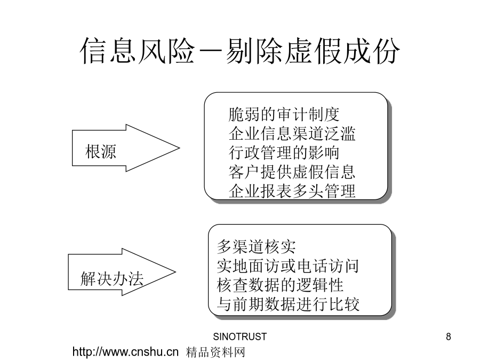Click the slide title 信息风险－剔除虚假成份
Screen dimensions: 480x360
coord(240,51)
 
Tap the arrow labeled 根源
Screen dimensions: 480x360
coord(125,148)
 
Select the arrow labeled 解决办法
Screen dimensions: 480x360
coord(122,272)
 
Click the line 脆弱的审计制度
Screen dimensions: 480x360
coord(284,115)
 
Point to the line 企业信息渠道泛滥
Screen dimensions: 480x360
coord(292,133)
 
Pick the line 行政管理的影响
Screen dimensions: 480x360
coord(284,153)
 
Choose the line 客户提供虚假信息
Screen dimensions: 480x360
coord(292,172)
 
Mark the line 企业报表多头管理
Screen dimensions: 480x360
coord(292,191)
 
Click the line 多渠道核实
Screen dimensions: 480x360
coord(256,247)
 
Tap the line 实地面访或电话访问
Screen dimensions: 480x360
coord(288,266)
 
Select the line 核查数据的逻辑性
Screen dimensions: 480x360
coord(280,285)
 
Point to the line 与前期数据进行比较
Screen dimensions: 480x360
coord(288,304)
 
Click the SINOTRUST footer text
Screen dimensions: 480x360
coord(239,337)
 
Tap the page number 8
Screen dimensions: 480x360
coord(448,337)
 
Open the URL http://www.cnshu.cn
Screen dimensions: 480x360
coord(125,351)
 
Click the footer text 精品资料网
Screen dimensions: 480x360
coord(215,352)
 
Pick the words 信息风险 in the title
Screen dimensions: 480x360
coord(138,51)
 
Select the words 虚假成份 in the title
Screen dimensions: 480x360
coord(342,51)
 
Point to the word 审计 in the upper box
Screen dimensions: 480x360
coord(292,115)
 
